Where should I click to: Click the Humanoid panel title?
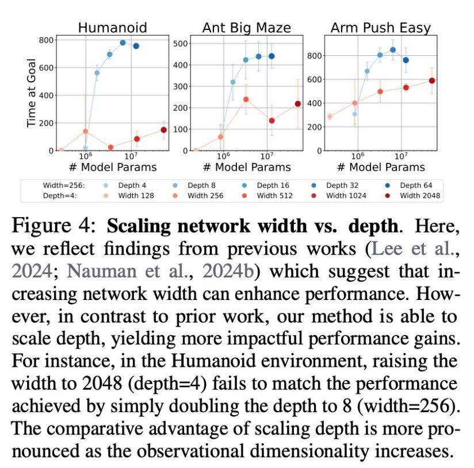pos(112,28)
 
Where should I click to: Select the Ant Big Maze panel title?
pos(246,28)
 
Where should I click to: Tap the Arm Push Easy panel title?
pos(380,28)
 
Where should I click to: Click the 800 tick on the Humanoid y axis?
pos(47,40)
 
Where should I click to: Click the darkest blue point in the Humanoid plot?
pos(136,45)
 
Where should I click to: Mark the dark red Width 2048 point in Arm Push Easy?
pos(431,81)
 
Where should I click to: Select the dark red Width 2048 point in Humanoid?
pos(163,130)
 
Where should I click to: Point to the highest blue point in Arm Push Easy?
pos(393,50)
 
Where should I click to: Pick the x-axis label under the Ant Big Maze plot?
pos(246,167)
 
